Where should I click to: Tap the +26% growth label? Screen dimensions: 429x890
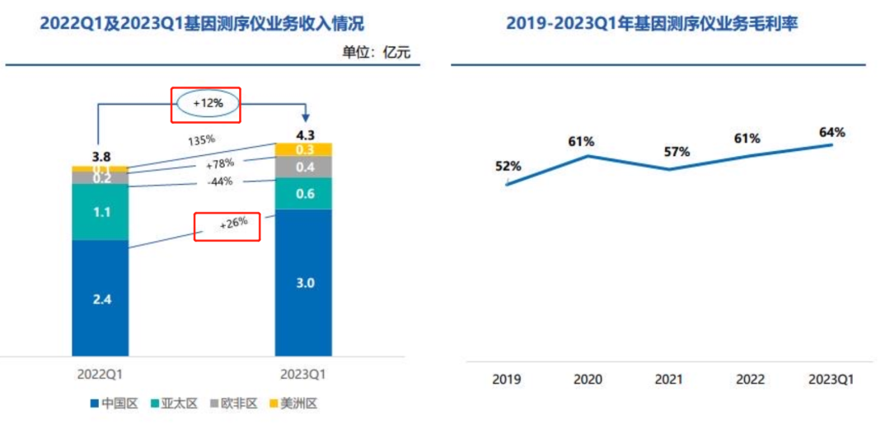(228, 225)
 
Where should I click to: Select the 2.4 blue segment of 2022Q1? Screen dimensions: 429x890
(100, 298)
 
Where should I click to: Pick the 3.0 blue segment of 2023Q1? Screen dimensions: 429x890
(303, 283)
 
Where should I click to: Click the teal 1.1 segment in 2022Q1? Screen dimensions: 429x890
(100, 211)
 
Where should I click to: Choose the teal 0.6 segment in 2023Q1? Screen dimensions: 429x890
(303, 194)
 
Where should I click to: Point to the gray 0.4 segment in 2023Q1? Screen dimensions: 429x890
(303, 167)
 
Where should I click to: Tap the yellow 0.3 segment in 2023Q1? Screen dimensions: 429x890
(303, 149)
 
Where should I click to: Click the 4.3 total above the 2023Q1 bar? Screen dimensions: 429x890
(305, 134)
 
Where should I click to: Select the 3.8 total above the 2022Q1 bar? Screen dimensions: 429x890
(100, 157)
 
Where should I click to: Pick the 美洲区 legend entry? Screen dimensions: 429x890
(293, 403)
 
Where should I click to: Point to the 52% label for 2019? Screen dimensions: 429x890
(508, 166)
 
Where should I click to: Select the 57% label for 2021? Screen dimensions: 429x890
(677, 152)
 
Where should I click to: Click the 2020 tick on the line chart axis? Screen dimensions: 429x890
(588, 379)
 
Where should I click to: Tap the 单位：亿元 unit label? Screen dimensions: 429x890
(376, 53)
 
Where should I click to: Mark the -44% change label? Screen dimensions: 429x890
(221, 182)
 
